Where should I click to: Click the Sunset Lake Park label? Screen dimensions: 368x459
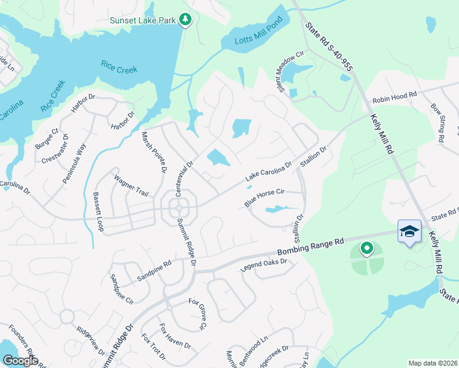coord(143,20)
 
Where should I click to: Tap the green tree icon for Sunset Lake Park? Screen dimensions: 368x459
coord(185,20)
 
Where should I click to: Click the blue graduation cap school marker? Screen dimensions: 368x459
coord(409,232)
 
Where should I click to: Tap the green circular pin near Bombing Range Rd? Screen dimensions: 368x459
coord(367,248)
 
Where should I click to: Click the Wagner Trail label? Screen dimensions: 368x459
coord(131,186)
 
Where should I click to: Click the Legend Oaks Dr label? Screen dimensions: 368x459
coord(264,264)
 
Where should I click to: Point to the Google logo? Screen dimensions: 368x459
coord(20,361)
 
